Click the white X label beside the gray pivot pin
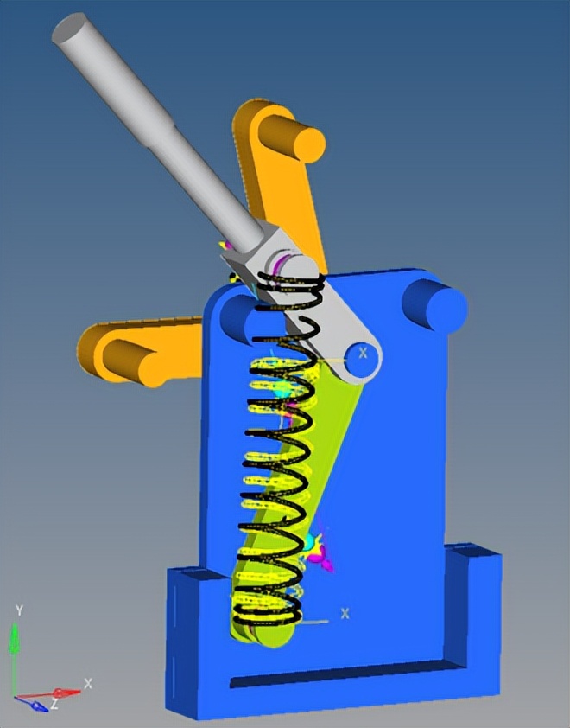364,353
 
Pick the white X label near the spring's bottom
345,613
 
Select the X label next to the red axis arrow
88,683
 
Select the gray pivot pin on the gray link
361,361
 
